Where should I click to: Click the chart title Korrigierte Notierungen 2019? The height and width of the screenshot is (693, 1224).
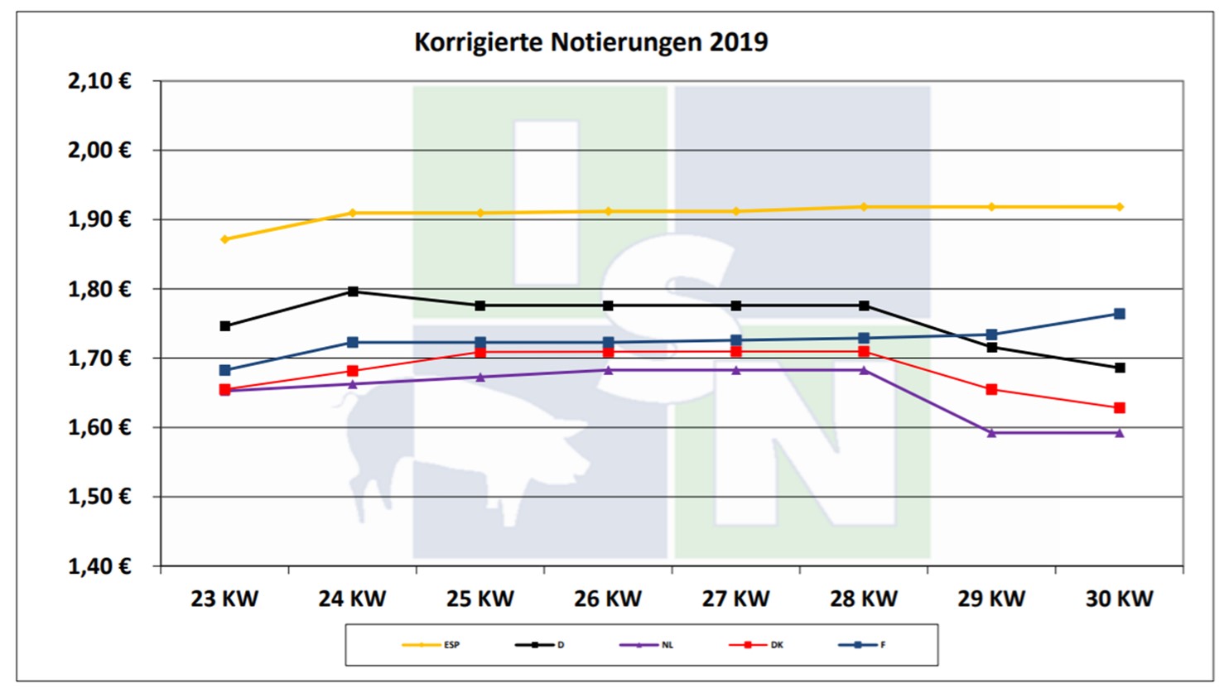click(x=590, y=41)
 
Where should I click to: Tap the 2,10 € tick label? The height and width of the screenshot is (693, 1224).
click(x=99, y=81)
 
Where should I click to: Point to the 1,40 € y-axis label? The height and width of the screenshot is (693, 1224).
click(x=99, y=566)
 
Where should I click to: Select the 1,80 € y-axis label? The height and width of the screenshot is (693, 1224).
click(x=99, y=289)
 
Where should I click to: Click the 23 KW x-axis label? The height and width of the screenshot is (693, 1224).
click(x=224, y=599)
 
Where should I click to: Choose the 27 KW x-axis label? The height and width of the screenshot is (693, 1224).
click(x=735, y=599)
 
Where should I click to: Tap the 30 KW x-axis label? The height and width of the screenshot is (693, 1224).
click(x=1119, y=599)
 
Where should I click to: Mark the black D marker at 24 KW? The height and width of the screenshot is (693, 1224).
click(x=353, y=291)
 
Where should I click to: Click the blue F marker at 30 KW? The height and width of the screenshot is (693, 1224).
click(x=1120, y=314)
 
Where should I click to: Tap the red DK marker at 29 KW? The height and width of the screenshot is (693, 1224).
click(x=991, y=389)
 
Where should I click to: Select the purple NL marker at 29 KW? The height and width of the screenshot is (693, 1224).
click(x=991, y=432)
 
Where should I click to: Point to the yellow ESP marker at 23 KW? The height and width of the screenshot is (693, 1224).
click(x=224, y=239)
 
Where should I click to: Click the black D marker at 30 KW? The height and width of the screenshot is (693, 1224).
click(x=1120, y=368)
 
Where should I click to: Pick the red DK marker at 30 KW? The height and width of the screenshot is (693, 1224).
click(x=1120, y=407)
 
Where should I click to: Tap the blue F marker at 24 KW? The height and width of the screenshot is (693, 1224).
click(x=353, y=342)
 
